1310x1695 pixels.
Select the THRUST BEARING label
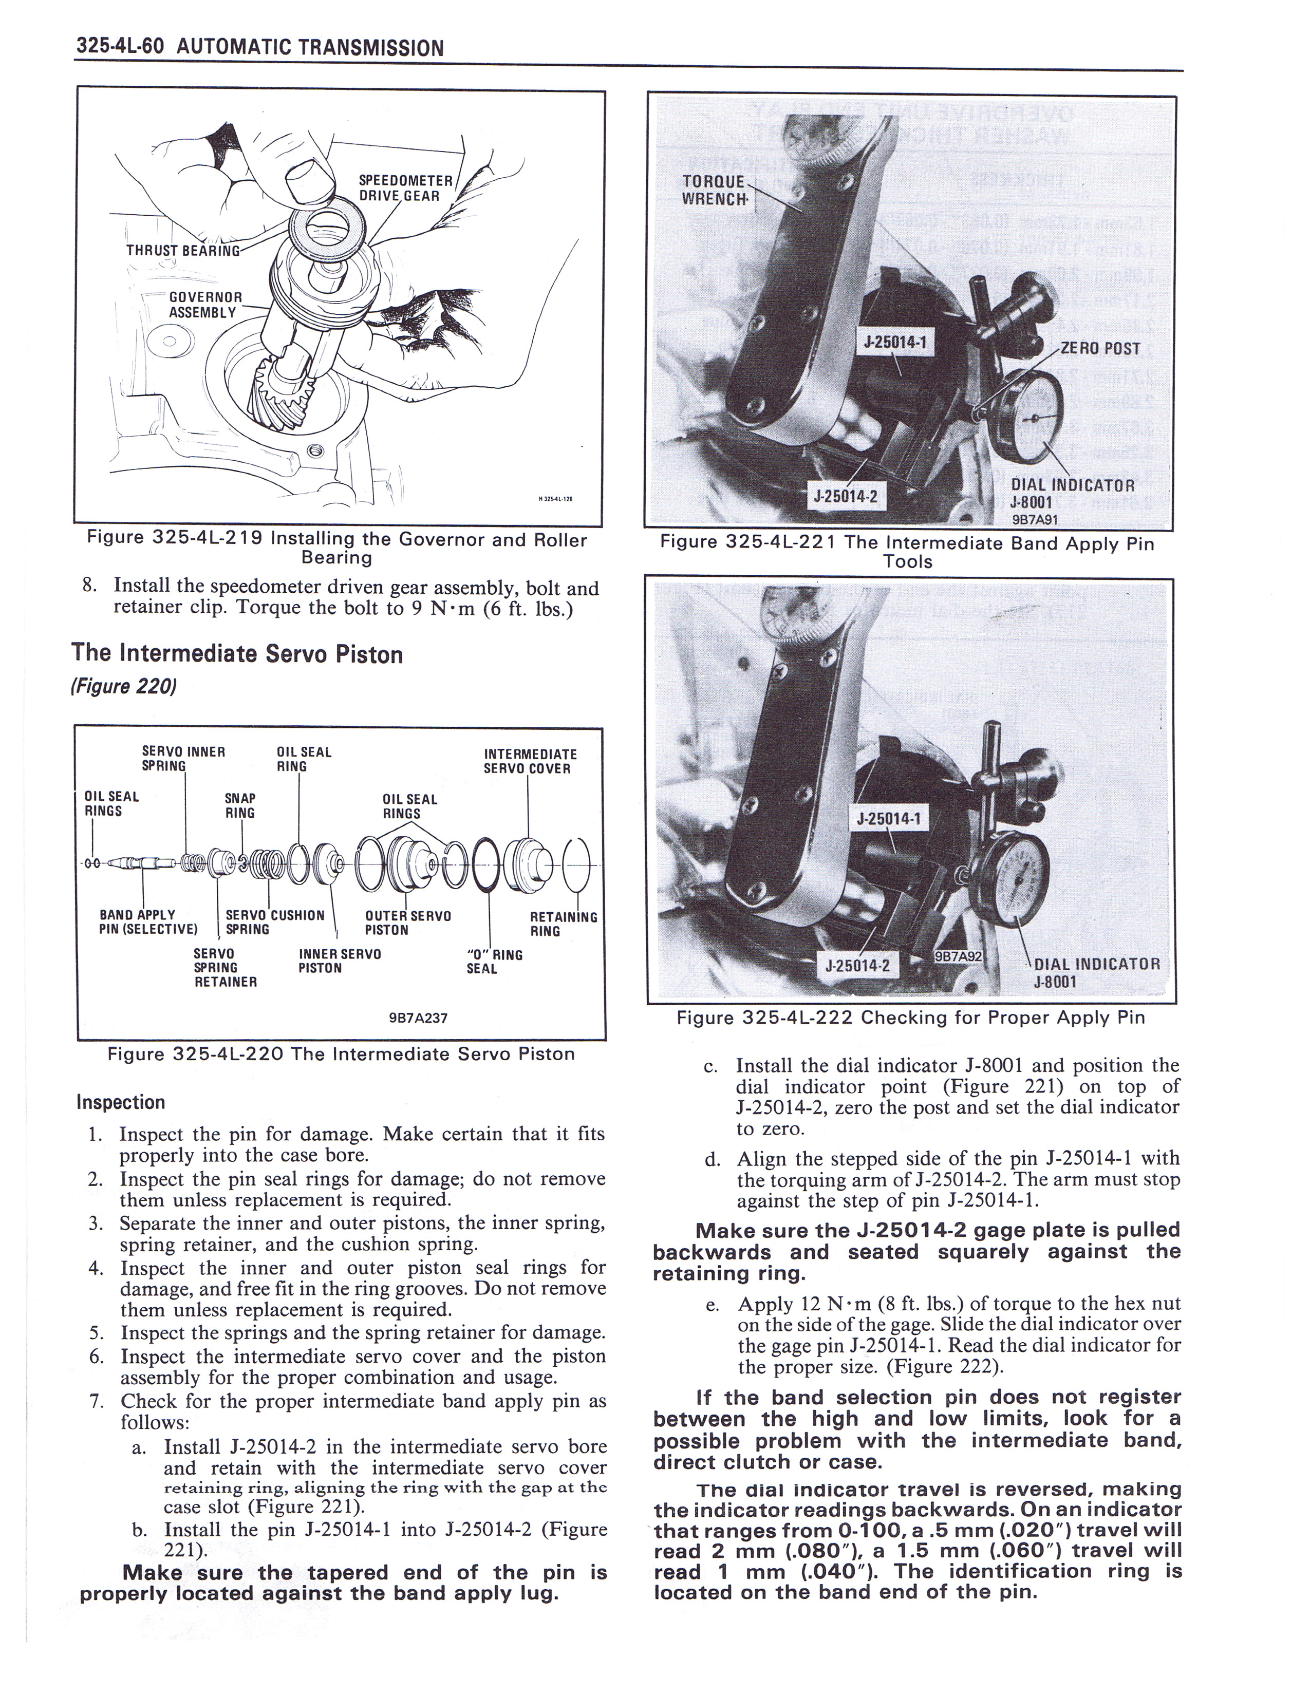183,250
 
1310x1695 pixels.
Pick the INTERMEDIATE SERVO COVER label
530,761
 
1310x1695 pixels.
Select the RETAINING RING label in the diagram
563,924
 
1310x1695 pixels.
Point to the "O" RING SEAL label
494,962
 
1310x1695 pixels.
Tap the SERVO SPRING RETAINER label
225,968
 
